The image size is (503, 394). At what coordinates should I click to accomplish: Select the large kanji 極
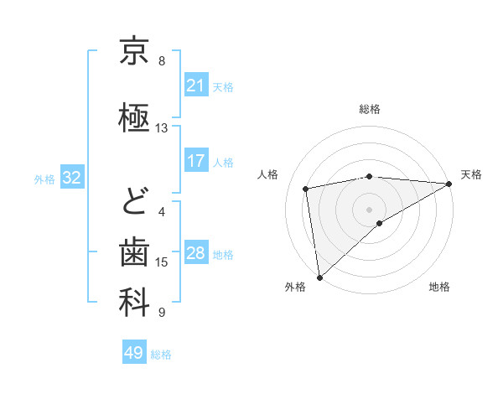(x=134, y=118)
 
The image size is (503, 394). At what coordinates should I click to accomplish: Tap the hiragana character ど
(x=134, y=202)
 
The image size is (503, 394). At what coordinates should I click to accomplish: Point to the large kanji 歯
(x=134, y=251)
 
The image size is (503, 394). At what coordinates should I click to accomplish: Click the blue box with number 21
(x=195, y=86)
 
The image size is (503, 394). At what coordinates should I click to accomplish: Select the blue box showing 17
(x=195, y=161)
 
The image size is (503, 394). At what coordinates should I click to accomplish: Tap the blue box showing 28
(x=195, y=253)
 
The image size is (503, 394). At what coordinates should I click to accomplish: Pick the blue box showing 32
(x=71, y=178)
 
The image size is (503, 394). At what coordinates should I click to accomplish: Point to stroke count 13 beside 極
(x=162, y=128)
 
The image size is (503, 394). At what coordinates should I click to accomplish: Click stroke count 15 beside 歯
(x=162, y=262)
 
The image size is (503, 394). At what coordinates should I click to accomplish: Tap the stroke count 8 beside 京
(x=162, y=61)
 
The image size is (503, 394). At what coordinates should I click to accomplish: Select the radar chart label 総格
(x=370, y=109)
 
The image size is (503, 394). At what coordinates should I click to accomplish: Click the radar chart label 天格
(x=471, y=174)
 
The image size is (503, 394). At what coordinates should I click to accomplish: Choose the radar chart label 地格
(x=439, y=287)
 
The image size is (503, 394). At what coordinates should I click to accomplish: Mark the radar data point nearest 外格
(x=319, y=277)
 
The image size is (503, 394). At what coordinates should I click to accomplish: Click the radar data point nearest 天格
(x=449, y=184)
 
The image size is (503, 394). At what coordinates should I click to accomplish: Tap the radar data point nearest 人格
(x=307, y=189)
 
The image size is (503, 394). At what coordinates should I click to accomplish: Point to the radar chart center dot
(x=370, y=209)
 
